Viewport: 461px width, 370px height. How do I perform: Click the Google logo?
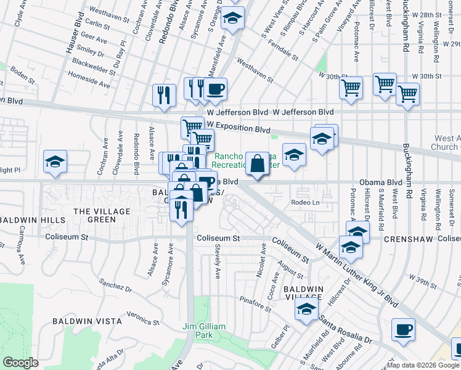click(20, 363)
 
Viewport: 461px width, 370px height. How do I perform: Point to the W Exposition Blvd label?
click(239, 129)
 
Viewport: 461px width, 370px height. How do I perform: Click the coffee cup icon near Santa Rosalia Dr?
click(404, 328)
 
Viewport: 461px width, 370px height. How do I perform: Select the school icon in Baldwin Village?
click(306, 310)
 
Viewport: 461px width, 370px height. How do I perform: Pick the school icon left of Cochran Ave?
click(55, 162)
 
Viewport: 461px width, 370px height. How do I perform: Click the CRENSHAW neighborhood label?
click(401, 239)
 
